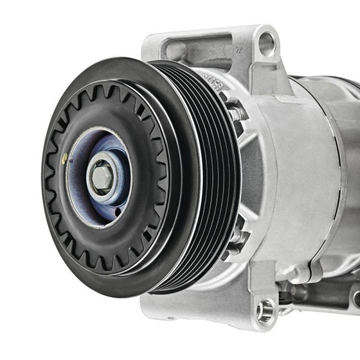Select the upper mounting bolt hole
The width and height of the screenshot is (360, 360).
point(266,45)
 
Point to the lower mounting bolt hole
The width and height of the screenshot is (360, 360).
point(266,310)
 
